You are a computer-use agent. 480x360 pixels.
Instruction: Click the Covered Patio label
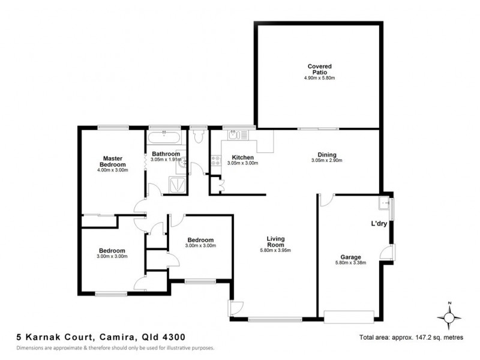point(319,69)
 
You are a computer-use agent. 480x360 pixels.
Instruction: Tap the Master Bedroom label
point(112,161)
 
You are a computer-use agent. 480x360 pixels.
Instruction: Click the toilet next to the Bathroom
point(199,136)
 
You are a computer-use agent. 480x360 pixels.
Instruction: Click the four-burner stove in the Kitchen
point(214,161)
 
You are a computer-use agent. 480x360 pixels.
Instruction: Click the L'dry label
point(379,224)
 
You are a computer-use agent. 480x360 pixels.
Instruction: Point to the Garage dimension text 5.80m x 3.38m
point(350,263)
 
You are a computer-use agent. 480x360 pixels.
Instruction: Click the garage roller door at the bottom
point(349,316)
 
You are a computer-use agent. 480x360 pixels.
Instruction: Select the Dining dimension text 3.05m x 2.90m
point(326,161)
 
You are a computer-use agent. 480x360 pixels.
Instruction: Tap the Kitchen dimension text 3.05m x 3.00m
point(242,163)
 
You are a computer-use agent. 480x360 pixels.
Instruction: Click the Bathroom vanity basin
point(185,161)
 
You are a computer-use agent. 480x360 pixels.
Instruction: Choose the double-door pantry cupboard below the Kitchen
point(221,186)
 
